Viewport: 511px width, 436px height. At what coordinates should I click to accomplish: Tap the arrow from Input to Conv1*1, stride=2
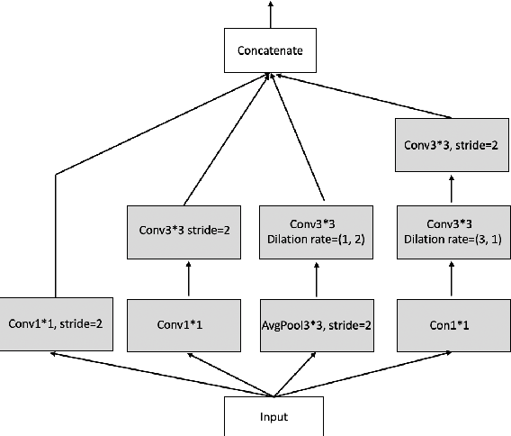click(162, 374)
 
